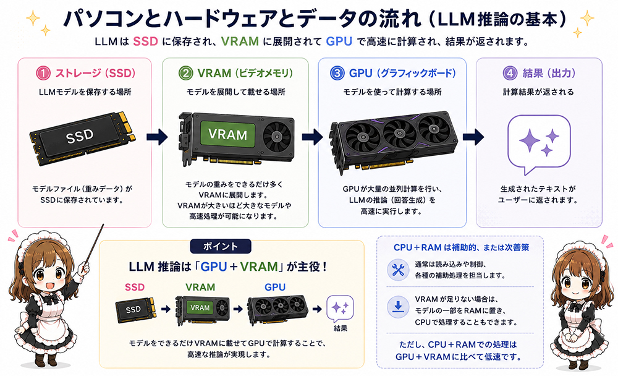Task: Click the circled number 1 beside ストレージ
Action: (43, 73)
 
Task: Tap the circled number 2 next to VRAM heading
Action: (185, 73)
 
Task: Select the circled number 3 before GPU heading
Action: (337, 73)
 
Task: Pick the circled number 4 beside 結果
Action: (510, 73)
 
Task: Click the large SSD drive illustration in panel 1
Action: (82, 138)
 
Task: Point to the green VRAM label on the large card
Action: (227, 134)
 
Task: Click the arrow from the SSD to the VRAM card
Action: (157, 137)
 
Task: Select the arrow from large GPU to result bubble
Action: (473, 137)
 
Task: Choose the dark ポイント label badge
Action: (221, 247)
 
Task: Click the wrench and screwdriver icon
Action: (397, 270)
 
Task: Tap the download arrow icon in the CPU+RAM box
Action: (397, 307)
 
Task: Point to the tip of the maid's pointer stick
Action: (103, 225)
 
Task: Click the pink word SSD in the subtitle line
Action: (145, 41)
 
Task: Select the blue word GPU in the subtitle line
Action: (339, 41)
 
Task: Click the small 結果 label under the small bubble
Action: (340, 328)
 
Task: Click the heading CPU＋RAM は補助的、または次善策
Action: (461, 247)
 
